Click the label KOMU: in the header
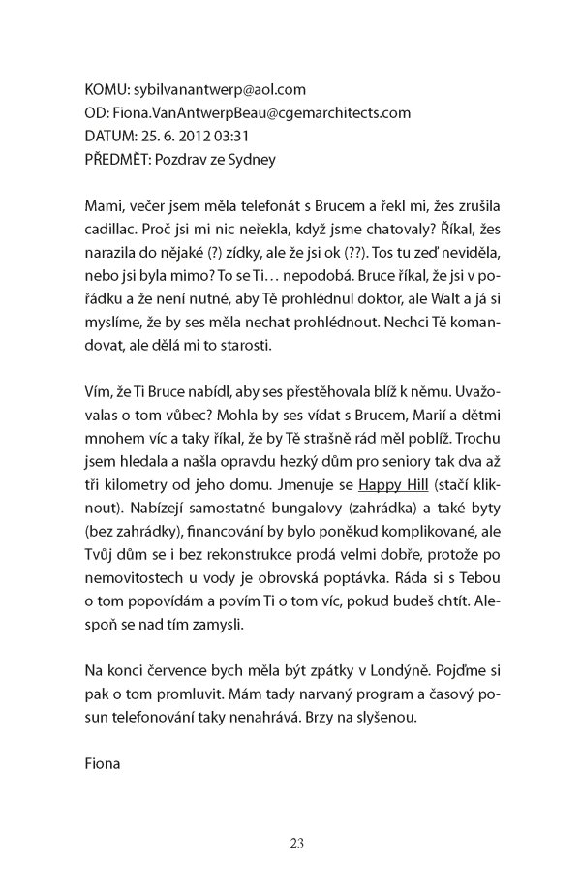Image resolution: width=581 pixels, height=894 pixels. (107, 89)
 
